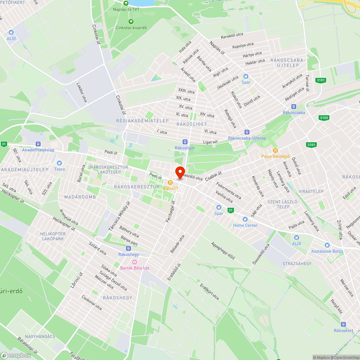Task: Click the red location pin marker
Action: coord(180,172)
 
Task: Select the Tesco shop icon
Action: coord(59,163)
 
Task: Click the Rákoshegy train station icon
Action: coord(129,248)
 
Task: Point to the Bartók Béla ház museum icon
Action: coord(135,262)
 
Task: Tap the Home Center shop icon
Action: coord(245,219)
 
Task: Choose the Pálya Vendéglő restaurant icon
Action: coord(275,150)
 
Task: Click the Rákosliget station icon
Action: coord(185,142)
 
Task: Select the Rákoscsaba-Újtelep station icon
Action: coord(247,132)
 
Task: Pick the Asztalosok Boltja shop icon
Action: coord(327,245)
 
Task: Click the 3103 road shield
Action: coord(324,118)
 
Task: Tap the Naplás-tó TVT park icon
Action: coord(126,3)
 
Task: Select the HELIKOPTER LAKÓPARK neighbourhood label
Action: coord(53,236)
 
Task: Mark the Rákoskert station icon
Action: coord(343,324)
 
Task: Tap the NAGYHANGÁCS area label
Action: coord(40,336)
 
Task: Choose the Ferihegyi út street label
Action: coord(170,212)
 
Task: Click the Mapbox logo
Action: coord(16,355)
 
